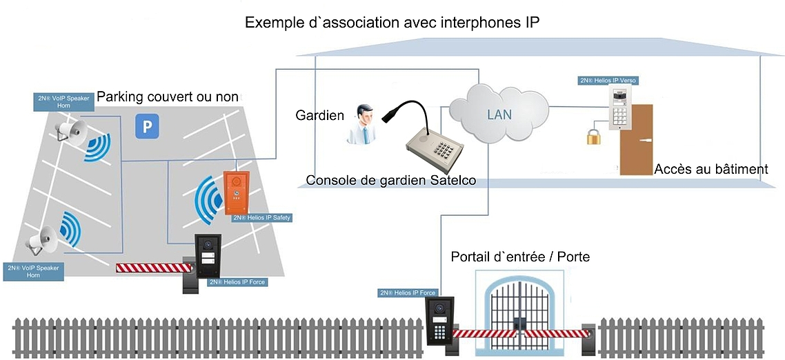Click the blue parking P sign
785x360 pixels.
click(x=146, y=126)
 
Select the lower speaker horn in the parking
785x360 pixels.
click(x=43, y=239)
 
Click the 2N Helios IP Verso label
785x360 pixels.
click(x=608, y=81)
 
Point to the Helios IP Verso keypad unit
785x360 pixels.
click(x=620, y=108)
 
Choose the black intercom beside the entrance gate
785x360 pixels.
click(x=439, y=320)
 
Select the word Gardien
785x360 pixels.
click(x=319, y=115)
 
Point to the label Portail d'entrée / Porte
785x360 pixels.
click(x=520, y=257)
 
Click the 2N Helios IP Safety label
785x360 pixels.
click(x=261, y=218)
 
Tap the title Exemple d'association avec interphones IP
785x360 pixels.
click(x=392, y=23)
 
